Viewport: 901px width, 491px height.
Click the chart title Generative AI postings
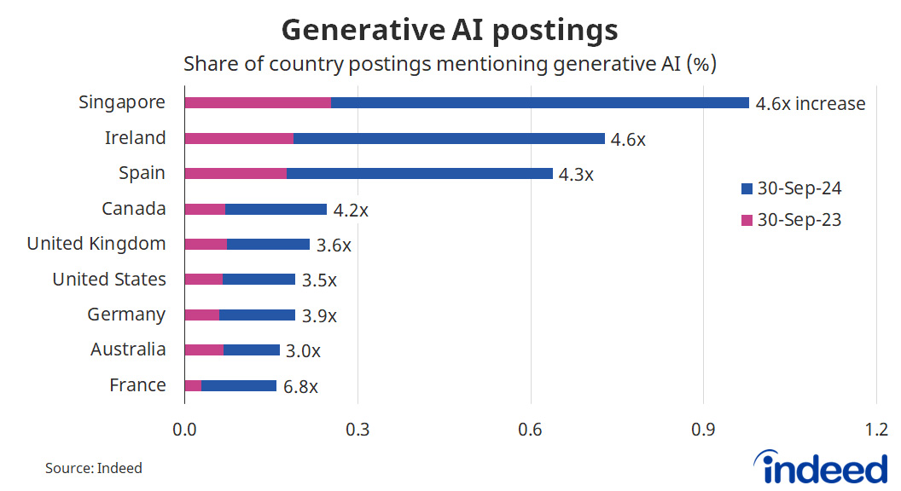[450, 30]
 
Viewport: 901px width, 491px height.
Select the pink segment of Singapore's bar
[258, 103]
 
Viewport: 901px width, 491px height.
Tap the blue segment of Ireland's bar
[449, 138]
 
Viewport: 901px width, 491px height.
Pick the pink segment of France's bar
[193, 385]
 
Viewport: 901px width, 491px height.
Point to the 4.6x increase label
[811, 104]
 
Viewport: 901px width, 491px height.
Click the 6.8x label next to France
[300, 386]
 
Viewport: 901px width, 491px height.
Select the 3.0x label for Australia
[304, 350]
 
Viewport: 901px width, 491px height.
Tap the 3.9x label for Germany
[319, 315]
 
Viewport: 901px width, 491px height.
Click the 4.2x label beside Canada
[351, 210]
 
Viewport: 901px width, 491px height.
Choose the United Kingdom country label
[96, 244]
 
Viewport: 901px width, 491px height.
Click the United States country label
[109, 280]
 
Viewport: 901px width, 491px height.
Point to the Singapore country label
[122, 103]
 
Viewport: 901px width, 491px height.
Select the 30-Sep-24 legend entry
[791, 188]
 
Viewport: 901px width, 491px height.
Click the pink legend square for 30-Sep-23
[747, 220]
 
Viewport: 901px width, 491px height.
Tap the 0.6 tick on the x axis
[530, 429]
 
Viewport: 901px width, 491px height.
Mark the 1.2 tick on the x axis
[876, 429]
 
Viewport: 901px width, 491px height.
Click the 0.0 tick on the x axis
[184, 429]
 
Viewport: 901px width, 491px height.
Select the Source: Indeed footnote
[94, 468]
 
